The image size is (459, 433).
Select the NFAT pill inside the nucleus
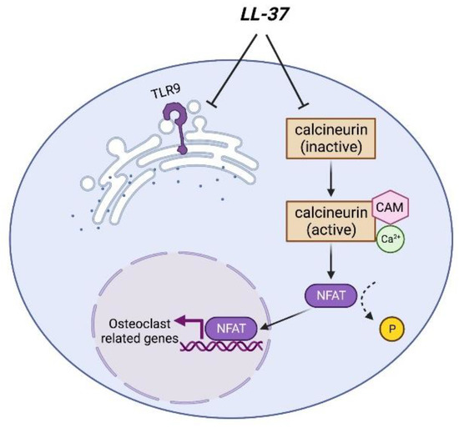(227, 329)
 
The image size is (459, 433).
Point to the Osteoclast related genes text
(136, 331)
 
